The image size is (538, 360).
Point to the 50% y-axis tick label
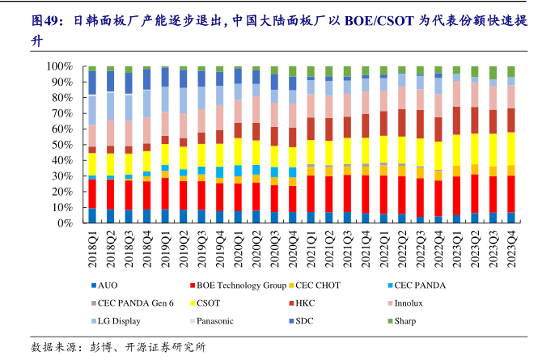(x=65, y=144)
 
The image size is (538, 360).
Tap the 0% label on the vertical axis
(x=68, y=222)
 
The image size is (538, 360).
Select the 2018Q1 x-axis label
(x=92, y=248)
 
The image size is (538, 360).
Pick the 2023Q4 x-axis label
(x=511, y=248)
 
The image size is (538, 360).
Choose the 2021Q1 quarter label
(x=311, y=248)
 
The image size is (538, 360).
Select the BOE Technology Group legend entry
(x=241, y=285)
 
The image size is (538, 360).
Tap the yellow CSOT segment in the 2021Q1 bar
(x=311, y=152)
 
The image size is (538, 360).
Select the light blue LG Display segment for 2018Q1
(x=92, y=109)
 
